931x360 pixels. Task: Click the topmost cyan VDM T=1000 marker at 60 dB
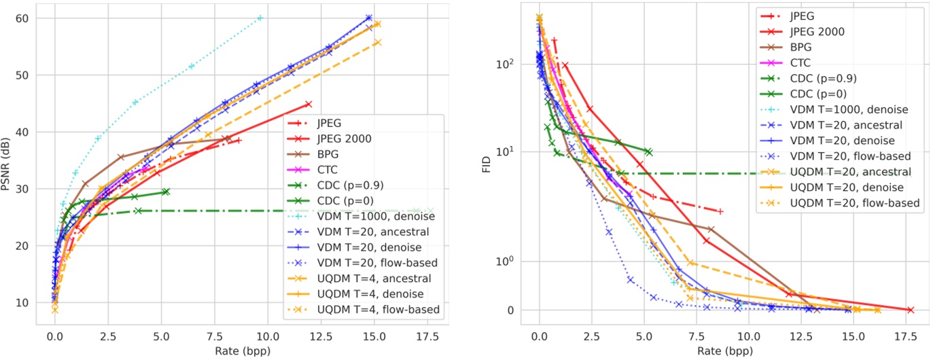point(260,18)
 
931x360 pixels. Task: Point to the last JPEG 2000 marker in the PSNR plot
point(309,104)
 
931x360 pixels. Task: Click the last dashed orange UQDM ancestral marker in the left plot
point(378,42)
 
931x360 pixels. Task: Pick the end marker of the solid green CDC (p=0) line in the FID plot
point(648,151)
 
